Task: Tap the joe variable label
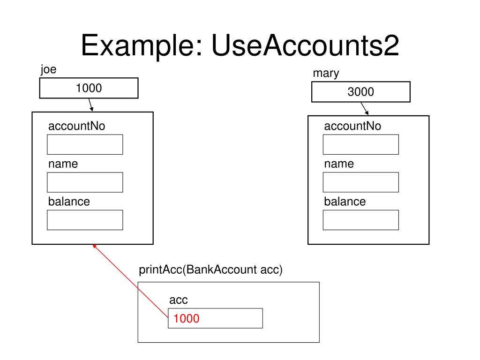(x=48, y=70)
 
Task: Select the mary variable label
(x=326, y=73)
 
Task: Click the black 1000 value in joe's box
(x=89, y=88)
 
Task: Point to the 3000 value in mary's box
(x=360, y=92)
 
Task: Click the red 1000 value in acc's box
(x=187, y=319)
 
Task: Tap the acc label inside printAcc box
(x=179, y=300)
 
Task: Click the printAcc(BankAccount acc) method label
(x=210, y=270)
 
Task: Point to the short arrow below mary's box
(x=364, y=109)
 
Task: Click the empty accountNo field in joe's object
(x=85, y=144)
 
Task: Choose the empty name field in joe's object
(x=85, y=182)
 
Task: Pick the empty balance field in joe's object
(x=85, y=220)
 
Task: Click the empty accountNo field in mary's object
(x=360, y=144)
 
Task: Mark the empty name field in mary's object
(x=360, y=182)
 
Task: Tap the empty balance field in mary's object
(x=360, y=220)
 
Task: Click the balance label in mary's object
(x=345, y=202)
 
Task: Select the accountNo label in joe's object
(x=77, y=126)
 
